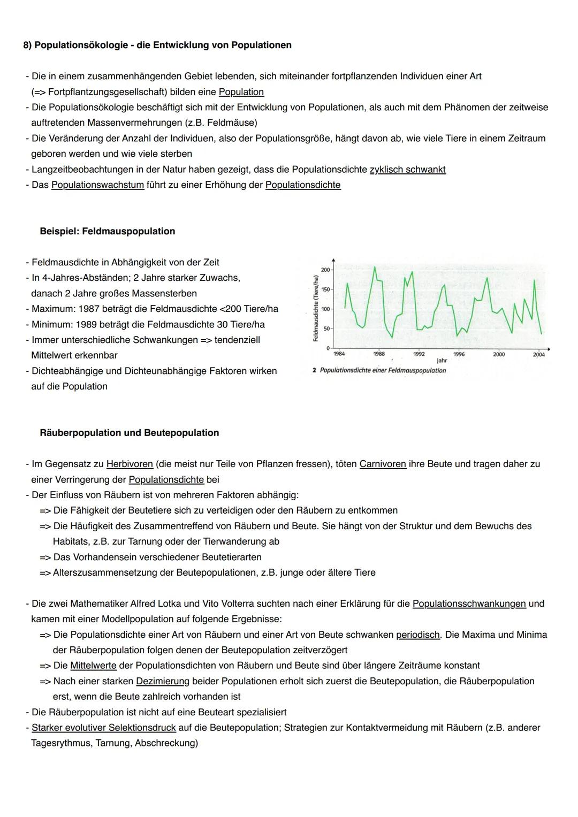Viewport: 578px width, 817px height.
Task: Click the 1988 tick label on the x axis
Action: pos(378,354)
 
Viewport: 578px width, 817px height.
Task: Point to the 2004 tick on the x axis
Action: pos(538,354)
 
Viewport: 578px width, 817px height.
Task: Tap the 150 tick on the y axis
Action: pos(326,289)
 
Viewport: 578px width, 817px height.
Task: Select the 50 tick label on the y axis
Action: pos(326,329)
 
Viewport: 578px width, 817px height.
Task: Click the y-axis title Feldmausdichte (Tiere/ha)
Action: pos(316,308)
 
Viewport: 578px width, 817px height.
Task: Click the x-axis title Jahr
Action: pos(442,361)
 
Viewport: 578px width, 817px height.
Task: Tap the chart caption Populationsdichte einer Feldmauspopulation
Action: pos(382,370)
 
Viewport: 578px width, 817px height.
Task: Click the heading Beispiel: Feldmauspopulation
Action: pos(107,231)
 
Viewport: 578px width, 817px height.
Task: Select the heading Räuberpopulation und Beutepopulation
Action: pos(129,432)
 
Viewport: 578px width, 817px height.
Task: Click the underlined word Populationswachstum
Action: pos(97,185)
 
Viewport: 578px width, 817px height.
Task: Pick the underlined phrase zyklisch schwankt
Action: pos(407,170)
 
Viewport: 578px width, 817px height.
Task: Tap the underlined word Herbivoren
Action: pos(130,464)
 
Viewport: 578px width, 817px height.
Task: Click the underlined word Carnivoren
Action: pos(383,464)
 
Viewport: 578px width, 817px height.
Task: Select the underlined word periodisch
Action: pos(418,635)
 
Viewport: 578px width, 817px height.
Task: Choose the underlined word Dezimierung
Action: pos(163,681)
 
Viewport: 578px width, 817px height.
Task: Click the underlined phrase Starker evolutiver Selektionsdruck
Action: pos(104,728)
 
